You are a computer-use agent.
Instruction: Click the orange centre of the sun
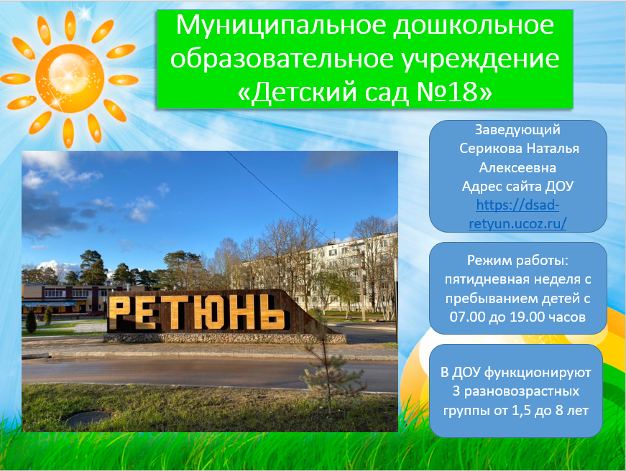tap(70, 78)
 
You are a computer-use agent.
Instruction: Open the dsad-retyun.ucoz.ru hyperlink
tap(517, 214)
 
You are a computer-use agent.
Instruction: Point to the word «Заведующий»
tap(517, 130)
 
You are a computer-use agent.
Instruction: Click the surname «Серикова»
tap(491, 149)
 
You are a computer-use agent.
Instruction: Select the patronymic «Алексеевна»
tap(517, 167)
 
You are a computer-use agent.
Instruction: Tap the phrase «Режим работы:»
tap(517, 261)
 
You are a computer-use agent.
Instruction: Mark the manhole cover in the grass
tap(87, 419)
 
